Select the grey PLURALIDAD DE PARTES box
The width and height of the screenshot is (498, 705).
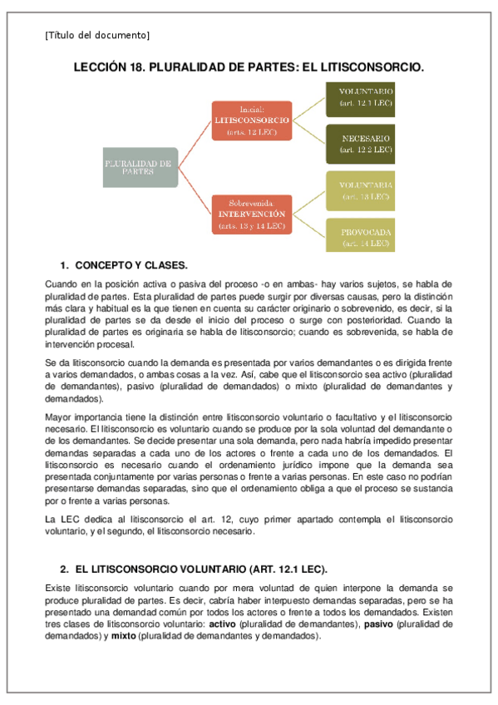tap(139, 168)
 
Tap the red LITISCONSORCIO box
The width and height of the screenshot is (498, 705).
tap(251, 121)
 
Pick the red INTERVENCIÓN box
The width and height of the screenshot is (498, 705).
tap(251, 214)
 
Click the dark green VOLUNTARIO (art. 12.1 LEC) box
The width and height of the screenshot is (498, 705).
tap(359, 97)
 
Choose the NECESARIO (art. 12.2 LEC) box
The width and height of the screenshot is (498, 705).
tap(359, 144)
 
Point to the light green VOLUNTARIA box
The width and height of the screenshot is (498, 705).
tap(359, 190)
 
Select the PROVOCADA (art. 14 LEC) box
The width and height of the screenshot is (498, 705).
tap(359, 237)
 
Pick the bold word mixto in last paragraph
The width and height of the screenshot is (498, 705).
tap(124, 635)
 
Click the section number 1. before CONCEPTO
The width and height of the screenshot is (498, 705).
tap(66, 266)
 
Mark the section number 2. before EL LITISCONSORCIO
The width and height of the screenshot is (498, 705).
tap(66, 569)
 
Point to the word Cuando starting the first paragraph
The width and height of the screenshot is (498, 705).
tap(60, 284)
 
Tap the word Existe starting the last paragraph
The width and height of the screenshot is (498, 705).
tap(57, 588)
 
